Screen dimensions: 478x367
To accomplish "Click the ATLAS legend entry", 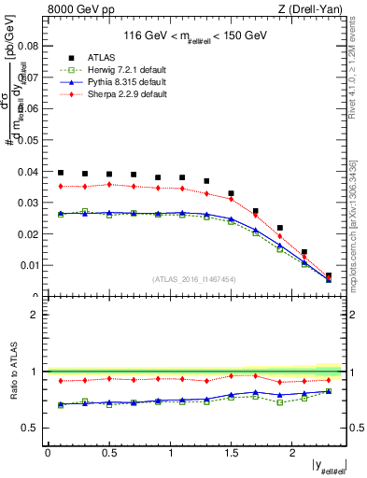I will [x=100, y=58].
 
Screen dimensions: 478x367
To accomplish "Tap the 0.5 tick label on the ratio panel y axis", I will [x=31, y=428].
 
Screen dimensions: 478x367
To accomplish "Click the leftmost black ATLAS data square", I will [x=61, y=173].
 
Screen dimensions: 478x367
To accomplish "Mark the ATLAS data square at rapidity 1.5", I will [x=231, y=193].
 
